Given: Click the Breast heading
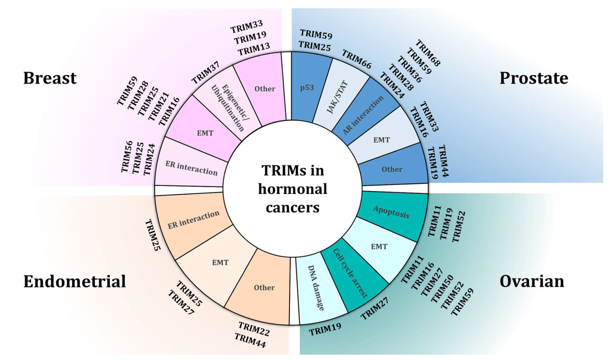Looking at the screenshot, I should coord(50,78).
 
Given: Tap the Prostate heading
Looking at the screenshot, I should coord(534,78).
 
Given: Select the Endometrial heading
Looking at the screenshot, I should coord(75,281).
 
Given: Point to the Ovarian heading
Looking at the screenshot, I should coord(532,281).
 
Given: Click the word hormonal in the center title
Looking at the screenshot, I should coord(292,189).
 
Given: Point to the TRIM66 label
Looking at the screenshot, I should coord(357,60).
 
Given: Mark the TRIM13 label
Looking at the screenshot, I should coord(254,50).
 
